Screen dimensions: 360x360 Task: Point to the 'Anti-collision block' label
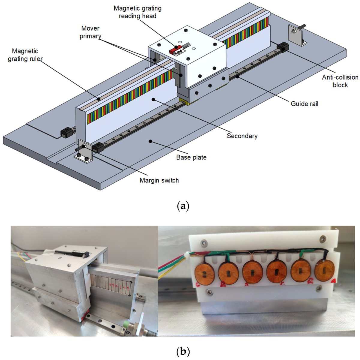(340, 81)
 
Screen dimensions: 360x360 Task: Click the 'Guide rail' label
(304, 104)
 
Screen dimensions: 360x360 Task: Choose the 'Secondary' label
(242, 136)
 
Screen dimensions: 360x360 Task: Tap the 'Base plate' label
(191, 157)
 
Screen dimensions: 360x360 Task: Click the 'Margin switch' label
(159, 180)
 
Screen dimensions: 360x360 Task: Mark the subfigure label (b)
(183, 351)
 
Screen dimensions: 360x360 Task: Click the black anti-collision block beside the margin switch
(98, 148)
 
